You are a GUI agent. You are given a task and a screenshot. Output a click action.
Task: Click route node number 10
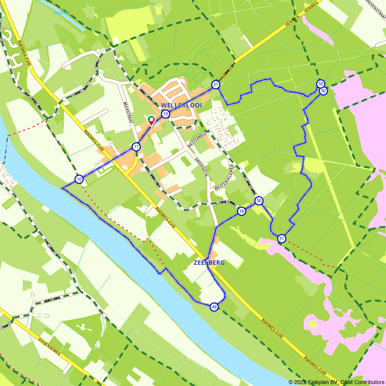79,179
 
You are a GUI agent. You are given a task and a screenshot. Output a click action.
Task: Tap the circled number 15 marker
166,113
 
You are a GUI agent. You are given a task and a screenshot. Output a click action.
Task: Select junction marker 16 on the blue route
241,211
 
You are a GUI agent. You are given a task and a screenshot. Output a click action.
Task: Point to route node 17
136,147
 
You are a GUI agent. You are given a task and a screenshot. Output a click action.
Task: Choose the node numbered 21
215,85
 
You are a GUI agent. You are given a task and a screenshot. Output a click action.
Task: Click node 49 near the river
214,307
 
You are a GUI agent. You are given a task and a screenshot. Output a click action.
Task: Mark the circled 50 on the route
259,201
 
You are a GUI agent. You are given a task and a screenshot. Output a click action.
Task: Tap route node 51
281,239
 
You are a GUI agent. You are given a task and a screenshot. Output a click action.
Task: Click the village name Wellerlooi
181,105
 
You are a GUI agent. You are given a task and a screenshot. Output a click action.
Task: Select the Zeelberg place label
209,262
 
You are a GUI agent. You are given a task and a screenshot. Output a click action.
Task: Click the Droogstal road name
201,166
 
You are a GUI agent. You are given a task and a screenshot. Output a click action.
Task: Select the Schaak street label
99,66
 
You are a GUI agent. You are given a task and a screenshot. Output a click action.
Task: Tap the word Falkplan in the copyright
320,382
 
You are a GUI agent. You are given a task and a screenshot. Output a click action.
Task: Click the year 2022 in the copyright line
301,382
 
